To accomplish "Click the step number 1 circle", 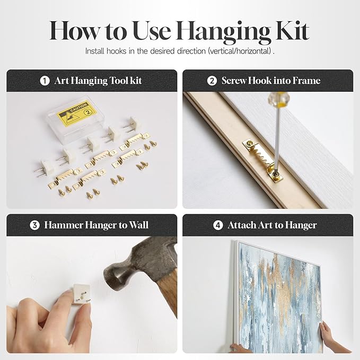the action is [x=45, y=81].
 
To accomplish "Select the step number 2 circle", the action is [x=212, y=81].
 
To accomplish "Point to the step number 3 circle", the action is [x=34, y=225].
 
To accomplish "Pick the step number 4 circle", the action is [x=218, y=225].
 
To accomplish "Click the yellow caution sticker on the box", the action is [x=76, y=113].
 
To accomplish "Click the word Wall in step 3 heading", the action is [x=138, y=225].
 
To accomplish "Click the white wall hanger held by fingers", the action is [x=81, y=294].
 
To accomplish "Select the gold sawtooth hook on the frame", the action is [x=262, y=159].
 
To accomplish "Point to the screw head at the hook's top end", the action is [x=249, y=144].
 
